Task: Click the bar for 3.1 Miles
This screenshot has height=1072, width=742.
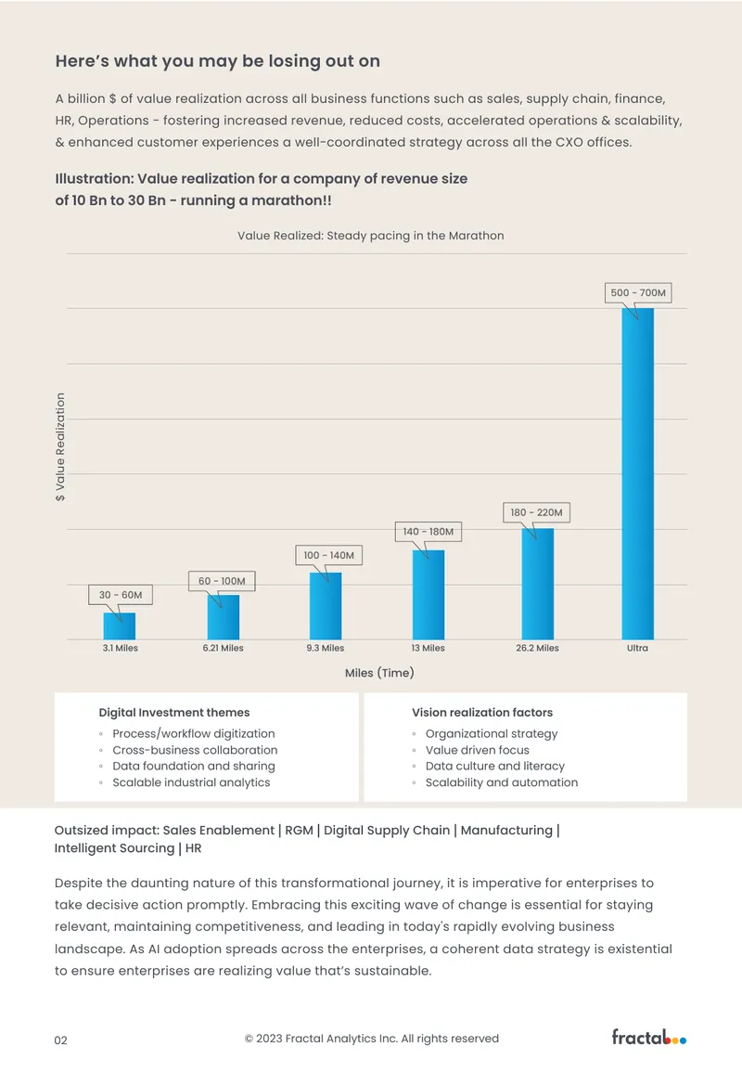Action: click(120, 626)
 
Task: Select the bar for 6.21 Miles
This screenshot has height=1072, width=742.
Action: click(224, 617)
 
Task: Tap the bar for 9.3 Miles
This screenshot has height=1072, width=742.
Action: click(326, 606)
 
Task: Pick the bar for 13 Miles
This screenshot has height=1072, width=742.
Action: click(429, 595)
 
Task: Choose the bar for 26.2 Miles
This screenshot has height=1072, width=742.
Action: click(538, 584)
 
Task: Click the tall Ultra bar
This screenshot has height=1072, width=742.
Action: click(637, 473)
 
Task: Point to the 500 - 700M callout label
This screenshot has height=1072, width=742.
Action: click(638, 292)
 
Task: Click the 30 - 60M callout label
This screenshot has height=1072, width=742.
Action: click(121, 595)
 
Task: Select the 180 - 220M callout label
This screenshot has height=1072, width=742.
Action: click(536, 512)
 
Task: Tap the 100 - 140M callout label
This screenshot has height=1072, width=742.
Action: click(328, 555)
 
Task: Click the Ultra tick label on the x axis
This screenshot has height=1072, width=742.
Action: click(637, 648)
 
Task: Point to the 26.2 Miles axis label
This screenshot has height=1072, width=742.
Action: click(537, 648)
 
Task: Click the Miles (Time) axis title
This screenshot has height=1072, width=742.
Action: click(379, 673)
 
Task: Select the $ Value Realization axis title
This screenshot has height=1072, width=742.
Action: click(60, 447)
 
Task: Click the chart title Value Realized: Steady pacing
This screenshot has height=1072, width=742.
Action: click(371, 236)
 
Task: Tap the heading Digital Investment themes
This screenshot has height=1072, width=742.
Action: click(174, 713)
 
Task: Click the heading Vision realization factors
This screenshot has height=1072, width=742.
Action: click(482, 713)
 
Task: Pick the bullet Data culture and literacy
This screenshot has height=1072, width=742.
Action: click(494, 767)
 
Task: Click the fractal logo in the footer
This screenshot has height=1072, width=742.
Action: click(649, 1037)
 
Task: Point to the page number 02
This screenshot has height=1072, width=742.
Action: click(61, 1040)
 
